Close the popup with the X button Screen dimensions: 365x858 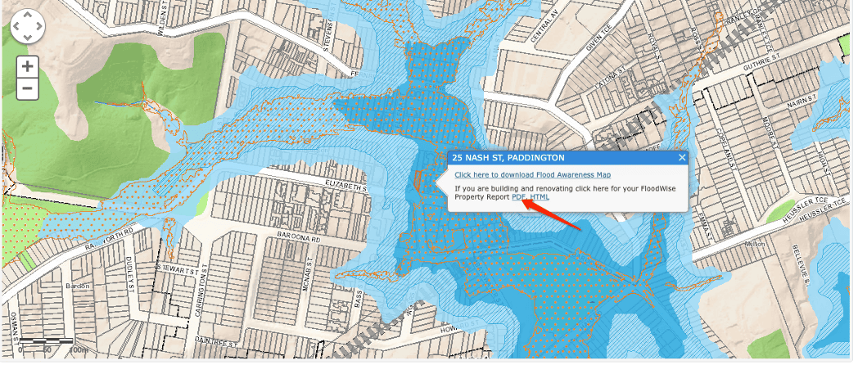[681, 157]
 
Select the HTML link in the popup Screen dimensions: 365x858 [540, 196]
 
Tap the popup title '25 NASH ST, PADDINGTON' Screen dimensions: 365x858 [508, 157]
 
